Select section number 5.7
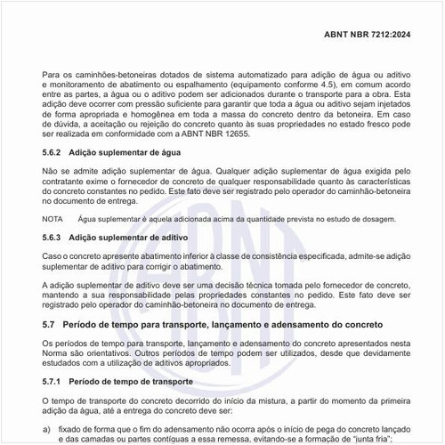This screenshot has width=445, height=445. point(49,325)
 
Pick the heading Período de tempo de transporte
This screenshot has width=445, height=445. point(131,381)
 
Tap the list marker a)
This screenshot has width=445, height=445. point(46,427)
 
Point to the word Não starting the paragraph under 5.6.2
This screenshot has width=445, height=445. point(51,171)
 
